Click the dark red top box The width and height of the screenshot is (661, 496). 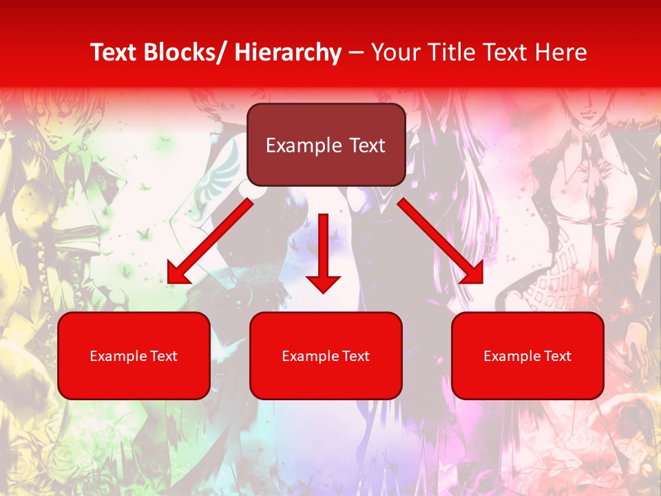[x=326, y=145]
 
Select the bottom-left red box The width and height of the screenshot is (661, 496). [x=134, y=355]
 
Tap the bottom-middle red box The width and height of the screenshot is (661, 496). [x=326, y=355]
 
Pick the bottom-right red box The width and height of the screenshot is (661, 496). [x=527, y=355]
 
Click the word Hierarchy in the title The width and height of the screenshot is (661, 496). [x=288, y=52]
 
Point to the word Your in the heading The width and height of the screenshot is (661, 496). [x=395, y=52]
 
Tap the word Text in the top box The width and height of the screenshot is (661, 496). [x=366, y=145]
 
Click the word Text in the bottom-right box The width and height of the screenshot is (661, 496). [x=556, y=356]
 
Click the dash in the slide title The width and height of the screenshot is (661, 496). [x=356, y=52]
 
